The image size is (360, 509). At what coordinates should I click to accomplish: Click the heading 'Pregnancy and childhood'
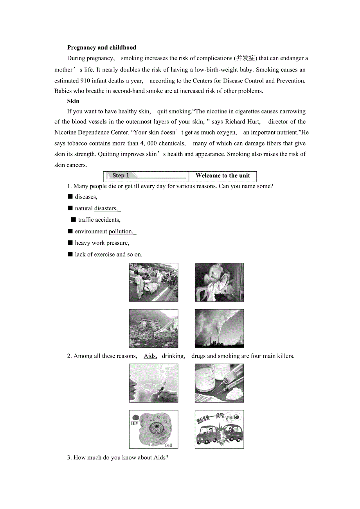[x=101, y=48]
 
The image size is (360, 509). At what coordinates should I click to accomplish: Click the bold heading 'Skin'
[x=73, y=101]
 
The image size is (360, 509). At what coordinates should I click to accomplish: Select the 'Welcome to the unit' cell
[x=223, y=176]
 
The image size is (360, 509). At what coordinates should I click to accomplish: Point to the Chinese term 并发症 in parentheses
[x=245, y=58]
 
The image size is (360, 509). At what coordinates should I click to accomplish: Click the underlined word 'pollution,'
[x=121, y=231]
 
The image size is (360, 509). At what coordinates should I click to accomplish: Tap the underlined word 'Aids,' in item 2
[x=151, y=356]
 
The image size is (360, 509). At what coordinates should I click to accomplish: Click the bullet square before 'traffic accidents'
[x=73, y=220]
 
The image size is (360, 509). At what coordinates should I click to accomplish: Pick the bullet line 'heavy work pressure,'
[x=102, y=243]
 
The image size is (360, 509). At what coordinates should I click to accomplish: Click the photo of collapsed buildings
[x=153, y=328]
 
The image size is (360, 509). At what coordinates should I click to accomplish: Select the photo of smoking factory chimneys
[x=219, y=328]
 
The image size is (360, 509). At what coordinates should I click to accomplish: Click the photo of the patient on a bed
[x=219, y=282]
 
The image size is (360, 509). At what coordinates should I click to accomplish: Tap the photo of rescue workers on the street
[x=153, y=282]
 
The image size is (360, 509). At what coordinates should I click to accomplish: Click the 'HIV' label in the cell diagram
[x=135, y=423]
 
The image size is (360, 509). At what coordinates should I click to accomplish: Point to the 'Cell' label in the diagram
[x=168, y=445]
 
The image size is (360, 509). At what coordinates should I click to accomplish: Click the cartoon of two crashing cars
[x=219, y=429]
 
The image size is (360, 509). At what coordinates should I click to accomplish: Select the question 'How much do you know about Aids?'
[x=117, y=457]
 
